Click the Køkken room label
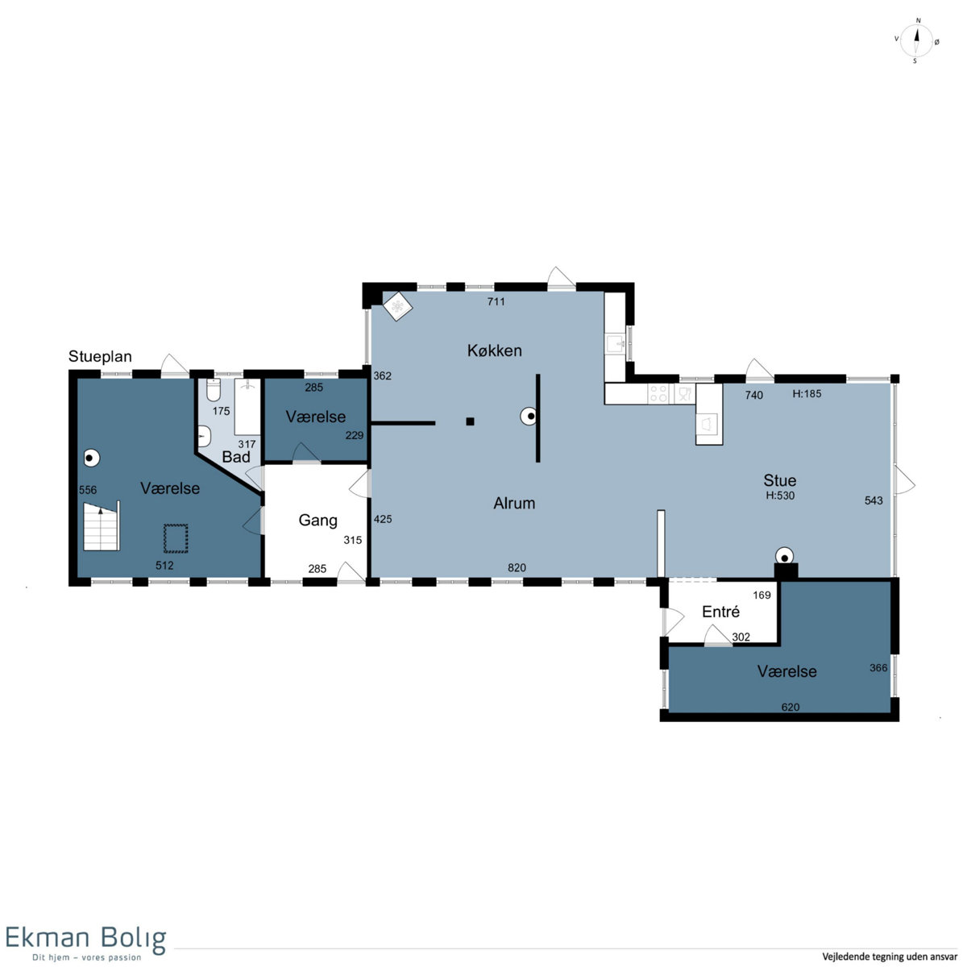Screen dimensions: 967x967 pyautogui.click(x=494, y=351)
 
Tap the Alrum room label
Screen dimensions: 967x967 pyautogui.click(x=514, y=503)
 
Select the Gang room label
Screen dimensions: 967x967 pyautogui.click(x=317, y=521)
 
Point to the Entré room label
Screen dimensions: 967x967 pyautogui.click(x=720, y=612)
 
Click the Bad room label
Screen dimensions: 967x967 pyautogui.click(x=236, y=457)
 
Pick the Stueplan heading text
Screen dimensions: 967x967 pyautogui.click(x=100, y=357)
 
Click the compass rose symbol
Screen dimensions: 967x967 pyautogui.click(x=915, y=41)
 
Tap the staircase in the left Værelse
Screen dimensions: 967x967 pyautogui.click(x=102, y=526)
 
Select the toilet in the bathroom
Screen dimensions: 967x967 pyautogui.click(x=214, y=390)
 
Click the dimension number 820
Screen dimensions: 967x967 pyautogui.click(x=517, y=567)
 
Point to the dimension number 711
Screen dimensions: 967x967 pyautogui.click(x=496, y=301)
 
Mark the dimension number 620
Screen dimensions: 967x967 pyautogui.click(x=791, y=707)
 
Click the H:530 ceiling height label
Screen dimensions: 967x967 pyautogui.click(x=780, y=496)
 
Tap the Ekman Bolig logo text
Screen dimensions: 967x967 pyautogui.click(x=85, y=938)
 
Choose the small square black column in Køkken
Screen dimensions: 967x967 pyautogui.click(x=470, y=421)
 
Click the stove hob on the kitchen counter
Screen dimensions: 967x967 pyautogui.click(x=658, y=393)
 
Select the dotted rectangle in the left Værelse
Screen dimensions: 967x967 pyautogui.click(x=176, y=538)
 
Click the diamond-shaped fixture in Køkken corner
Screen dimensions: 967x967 pyautogui.click(x=397, y=306)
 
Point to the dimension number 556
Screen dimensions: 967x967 pyautogui.click(x=88, y=490)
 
